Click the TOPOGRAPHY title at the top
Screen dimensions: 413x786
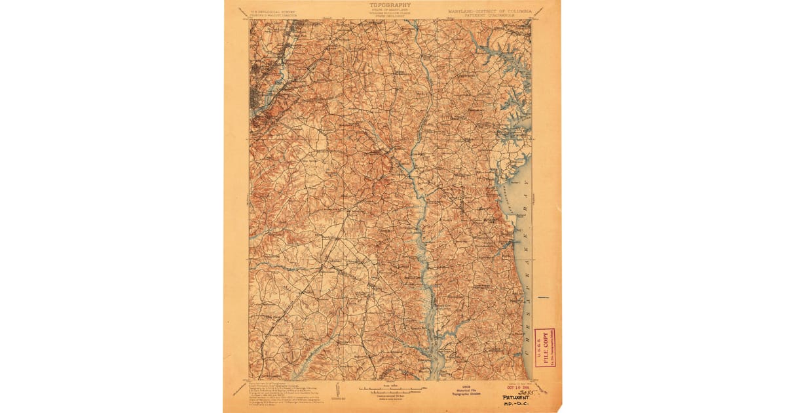click(x=390, y=5)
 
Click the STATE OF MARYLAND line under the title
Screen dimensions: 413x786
click(x=390, y=10)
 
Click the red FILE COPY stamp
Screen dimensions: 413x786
click(x=544, y=347)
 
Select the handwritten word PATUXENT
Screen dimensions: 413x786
click(x=516, y=397)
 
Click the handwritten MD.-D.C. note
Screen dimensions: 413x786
click(x=516, y=404)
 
